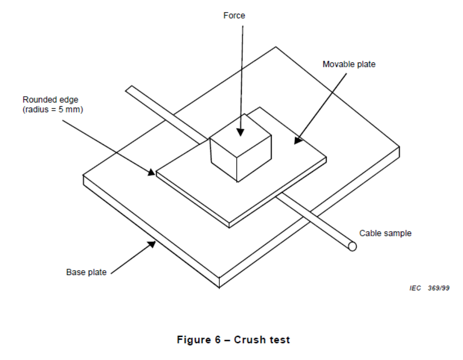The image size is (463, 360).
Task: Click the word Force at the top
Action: click(x=234, y=16)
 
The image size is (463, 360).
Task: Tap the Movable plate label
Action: click(x=349, y=64)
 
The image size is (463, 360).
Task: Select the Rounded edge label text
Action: click(x=47, y=100)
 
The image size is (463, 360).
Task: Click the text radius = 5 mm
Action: click(x=53, y=110)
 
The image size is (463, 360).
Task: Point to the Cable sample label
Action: click(x=385, y=234)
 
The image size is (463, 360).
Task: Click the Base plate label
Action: click(x=86, y=272)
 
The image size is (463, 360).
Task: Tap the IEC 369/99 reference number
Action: click(x=430, y=288)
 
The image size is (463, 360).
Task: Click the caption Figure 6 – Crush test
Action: click(x=233, y=340)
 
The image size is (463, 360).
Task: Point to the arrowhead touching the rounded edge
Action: click(x=153, y=172)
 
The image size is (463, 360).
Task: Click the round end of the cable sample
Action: click(x=352, y=246)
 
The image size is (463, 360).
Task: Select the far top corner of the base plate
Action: click(x=275, y=47)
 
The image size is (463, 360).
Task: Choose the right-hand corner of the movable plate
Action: click(x=326, y=158)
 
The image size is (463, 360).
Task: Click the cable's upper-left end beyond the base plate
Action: click(x=129, y=89)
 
